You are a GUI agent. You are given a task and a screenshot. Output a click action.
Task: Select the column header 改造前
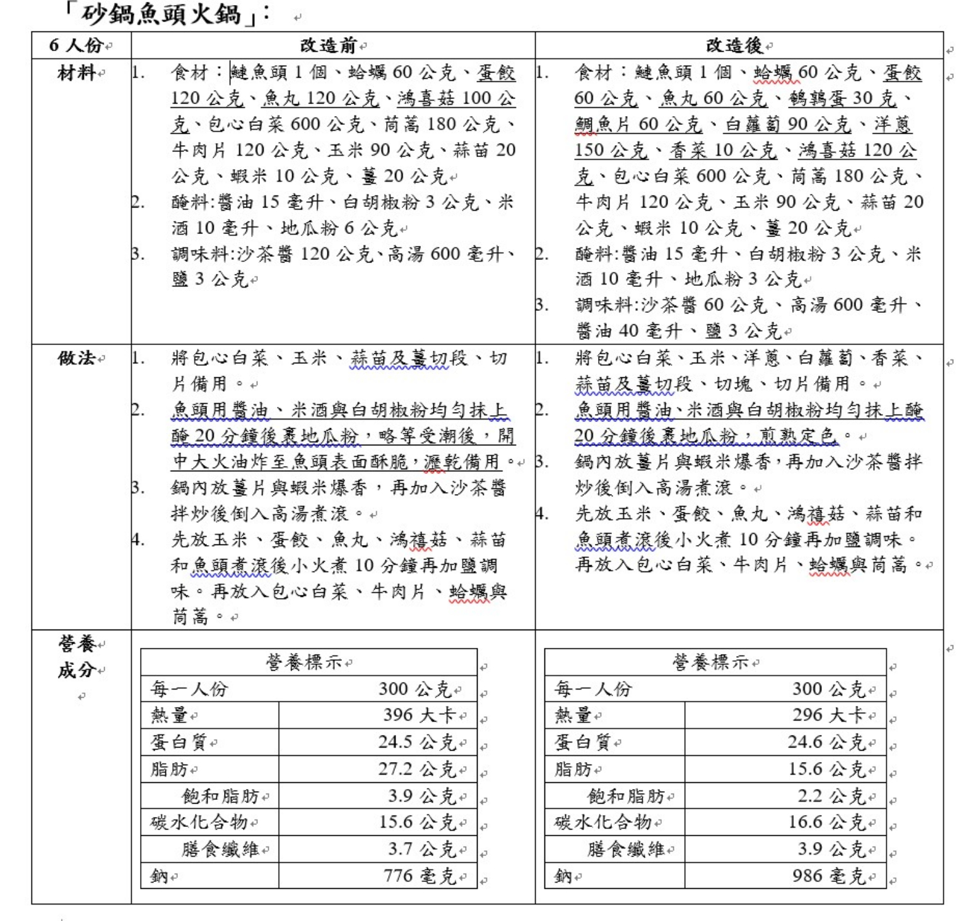pyautogui.click(x=328, y=45)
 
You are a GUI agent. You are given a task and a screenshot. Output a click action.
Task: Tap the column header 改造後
pyautogui.click(x=734, y=45)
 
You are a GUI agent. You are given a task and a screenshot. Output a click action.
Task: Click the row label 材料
pyautogui.click(x=76, y=73)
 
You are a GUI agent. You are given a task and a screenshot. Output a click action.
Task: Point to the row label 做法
pyautogui.click(x=76, y=358)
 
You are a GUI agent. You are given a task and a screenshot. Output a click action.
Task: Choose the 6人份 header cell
pyautogui.click(x=76, y=45)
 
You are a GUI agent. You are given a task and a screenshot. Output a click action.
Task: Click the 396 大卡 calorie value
pyautogui.click(x=420, y=715)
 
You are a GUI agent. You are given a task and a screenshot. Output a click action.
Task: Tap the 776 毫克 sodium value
pyautogui.click(x=420, y=876)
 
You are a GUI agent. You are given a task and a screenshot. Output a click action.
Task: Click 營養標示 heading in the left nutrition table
pyautogui.click(x=304, y=662)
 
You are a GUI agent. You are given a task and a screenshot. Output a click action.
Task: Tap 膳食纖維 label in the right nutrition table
pyautogui.click(x=625, y=850)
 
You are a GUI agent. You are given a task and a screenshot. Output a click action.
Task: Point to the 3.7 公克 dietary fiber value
pyautogui.click(x=422, y=850)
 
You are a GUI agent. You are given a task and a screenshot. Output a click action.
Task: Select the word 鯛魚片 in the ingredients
pyautogui.click(x=603, y=124)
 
